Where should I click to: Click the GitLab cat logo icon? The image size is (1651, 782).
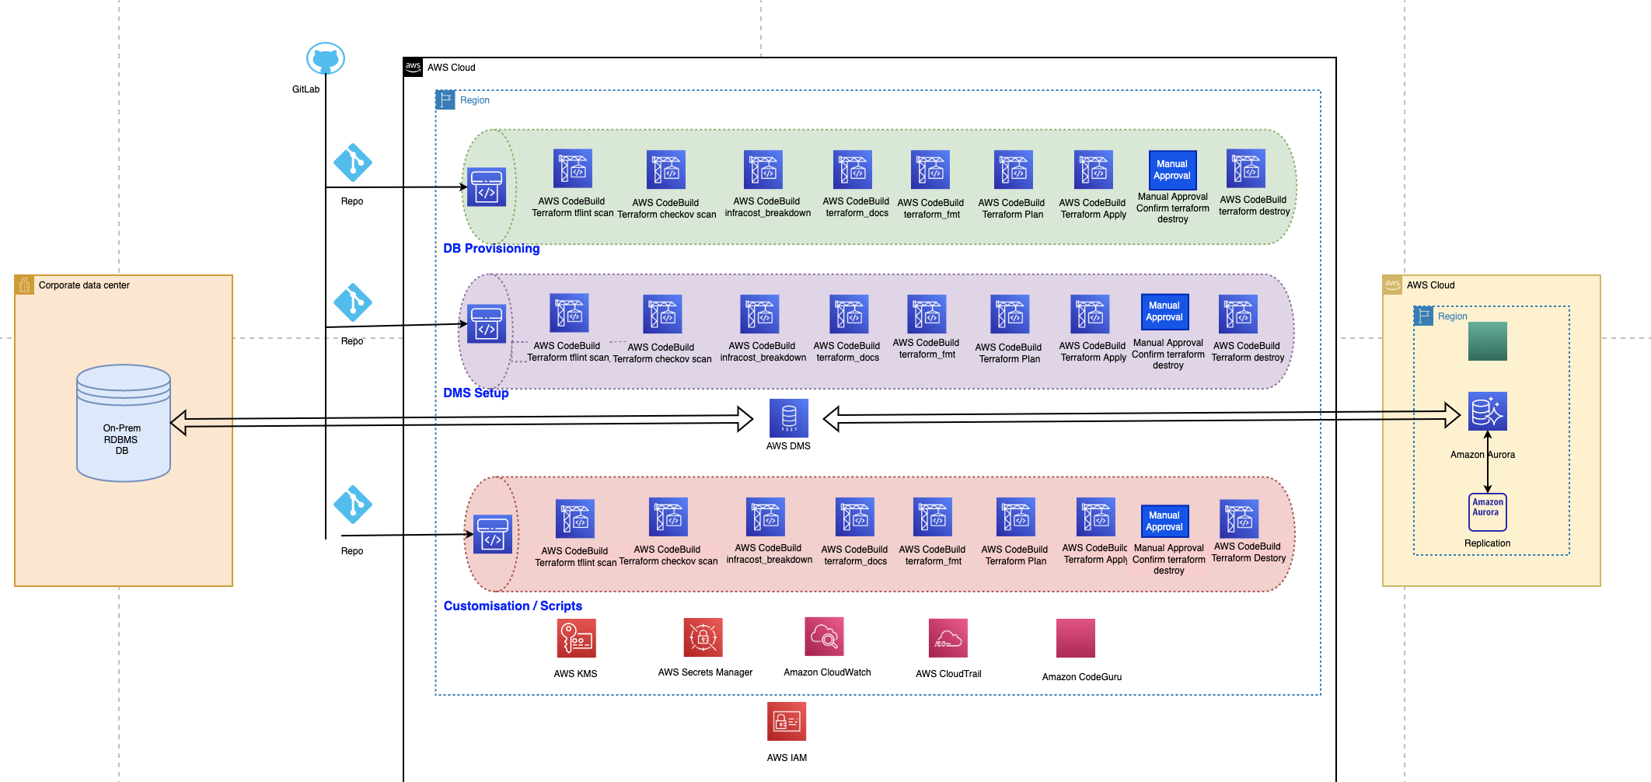pos(325,58)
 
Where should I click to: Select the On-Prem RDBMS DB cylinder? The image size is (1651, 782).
pos(124,423)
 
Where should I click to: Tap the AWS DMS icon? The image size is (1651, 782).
pos(789,418)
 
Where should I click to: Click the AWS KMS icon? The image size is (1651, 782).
pos(577,638)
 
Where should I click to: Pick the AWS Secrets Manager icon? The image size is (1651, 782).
pos(703,637)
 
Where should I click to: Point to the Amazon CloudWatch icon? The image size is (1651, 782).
pos(825,637)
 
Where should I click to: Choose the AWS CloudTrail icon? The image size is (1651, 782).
pos(948,638)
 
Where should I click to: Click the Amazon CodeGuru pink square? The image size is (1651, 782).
pos(1076,638)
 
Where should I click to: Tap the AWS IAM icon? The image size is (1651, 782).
pos(787,721)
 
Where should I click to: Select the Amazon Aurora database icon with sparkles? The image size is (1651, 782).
pos(1488,411)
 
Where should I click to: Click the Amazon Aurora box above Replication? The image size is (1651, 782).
pos(1488,512)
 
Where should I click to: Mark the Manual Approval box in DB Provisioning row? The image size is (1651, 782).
pos(1172,169)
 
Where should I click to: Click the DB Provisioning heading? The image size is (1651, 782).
pos(491,248)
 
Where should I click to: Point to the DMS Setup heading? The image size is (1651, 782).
pos(476,393)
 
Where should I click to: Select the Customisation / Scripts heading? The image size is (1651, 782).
pos(513,606)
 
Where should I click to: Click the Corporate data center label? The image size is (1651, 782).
pos(84,285)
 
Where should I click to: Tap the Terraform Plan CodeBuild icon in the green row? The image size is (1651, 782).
pos(1014,169)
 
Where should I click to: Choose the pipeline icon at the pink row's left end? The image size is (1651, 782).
pos(493,534)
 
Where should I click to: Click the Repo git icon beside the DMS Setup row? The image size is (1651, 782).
pos(353,302)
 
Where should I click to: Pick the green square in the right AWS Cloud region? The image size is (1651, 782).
pos(1488,341)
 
